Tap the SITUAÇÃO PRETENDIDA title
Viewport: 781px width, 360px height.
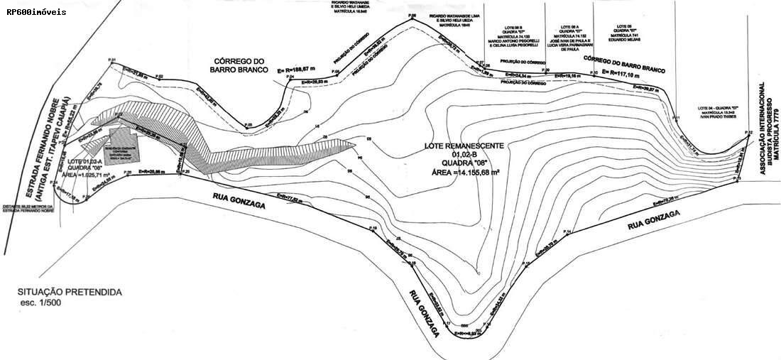(x=71, y=293)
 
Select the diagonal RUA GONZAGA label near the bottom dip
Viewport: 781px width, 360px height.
(x=425, y=315)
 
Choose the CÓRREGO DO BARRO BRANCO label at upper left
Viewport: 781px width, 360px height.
(x=239, y=65)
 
